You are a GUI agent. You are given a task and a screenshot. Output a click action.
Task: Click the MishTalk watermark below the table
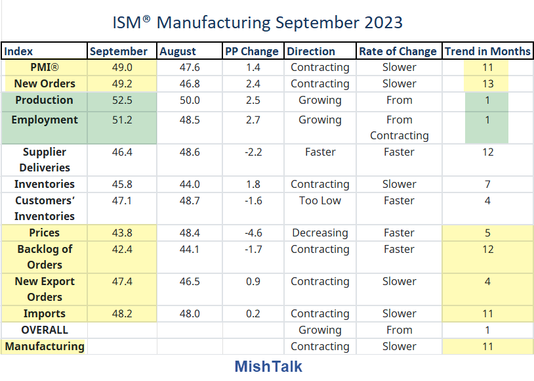(268, 366)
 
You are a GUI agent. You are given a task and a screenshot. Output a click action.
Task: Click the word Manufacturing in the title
(213, 22)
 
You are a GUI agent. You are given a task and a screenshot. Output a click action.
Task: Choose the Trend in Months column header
(487, 51)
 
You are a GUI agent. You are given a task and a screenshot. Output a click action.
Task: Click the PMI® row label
(45, 67)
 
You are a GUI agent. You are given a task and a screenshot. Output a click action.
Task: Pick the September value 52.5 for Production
(122, 100)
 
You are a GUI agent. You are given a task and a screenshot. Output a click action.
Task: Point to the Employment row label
(45, 120)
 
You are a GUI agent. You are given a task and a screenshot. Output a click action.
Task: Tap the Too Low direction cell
(320, 200)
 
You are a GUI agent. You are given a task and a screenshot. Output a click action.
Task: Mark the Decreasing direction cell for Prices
(320, 233)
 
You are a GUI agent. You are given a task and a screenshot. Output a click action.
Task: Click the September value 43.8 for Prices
(122, 233)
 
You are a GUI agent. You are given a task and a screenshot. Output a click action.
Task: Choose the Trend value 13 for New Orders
(487, 83)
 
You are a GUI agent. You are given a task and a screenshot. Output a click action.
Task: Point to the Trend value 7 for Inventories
(487, 184)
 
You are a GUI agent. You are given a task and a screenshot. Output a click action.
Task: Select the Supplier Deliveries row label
(45, 160)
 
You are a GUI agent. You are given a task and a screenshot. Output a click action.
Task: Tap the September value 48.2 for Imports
(122, 313)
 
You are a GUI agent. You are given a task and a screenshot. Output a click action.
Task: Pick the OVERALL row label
(45, 330)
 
